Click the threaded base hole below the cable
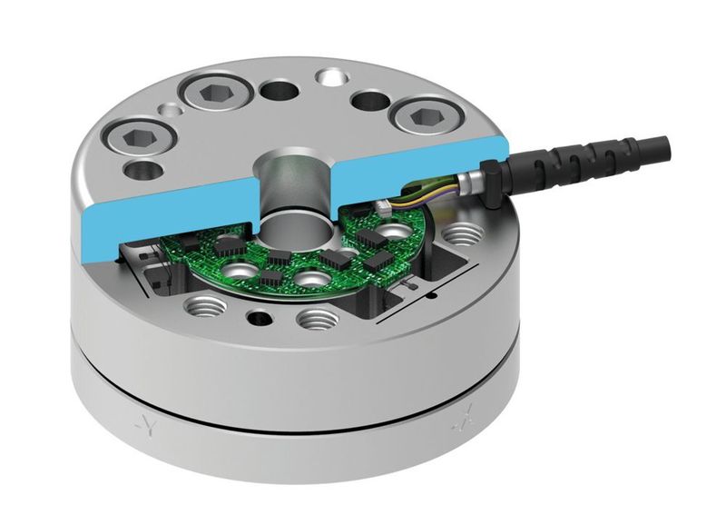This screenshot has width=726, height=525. [x=465, y=234]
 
